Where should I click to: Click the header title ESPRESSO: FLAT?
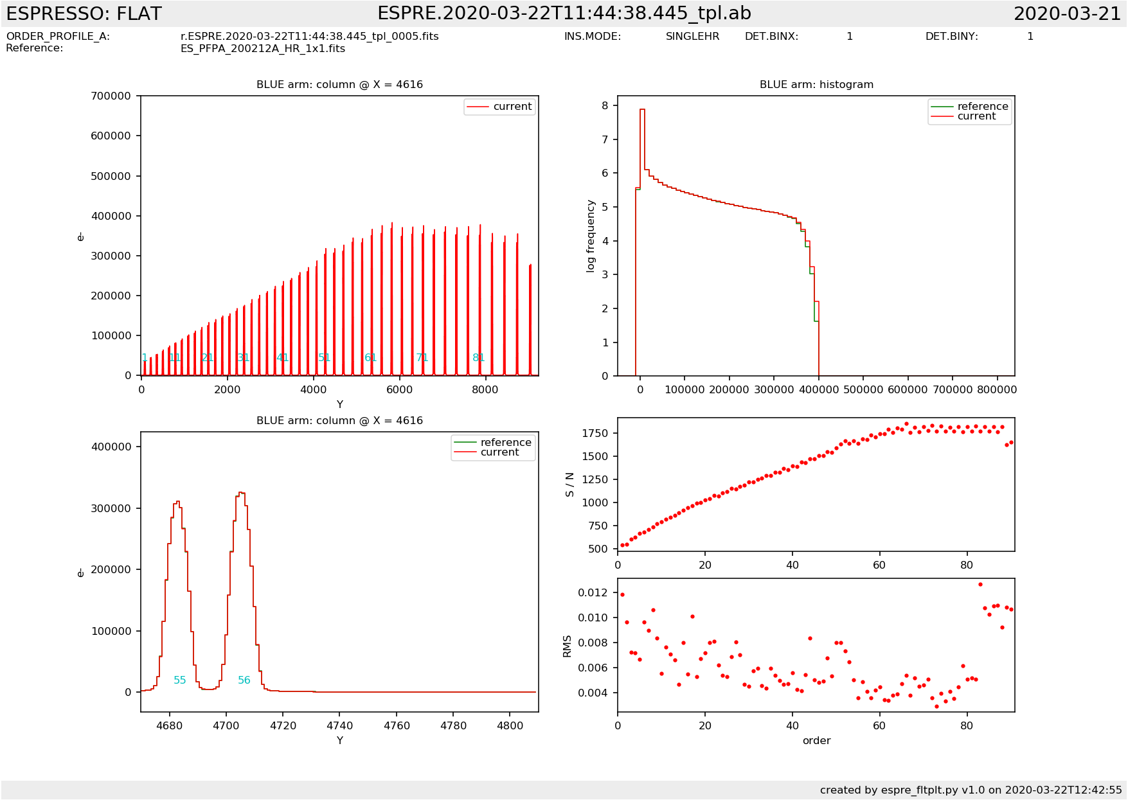pos(84,13)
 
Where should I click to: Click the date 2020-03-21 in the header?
pos(1067,13)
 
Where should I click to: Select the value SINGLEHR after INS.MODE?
pos(692,37)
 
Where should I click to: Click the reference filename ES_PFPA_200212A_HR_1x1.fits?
pos(262,49)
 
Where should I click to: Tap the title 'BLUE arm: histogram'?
pos(816,85)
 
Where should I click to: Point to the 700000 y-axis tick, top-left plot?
pos(111,96)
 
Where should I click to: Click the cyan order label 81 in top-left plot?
pos(478,358)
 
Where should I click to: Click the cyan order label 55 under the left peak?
pos(180,680)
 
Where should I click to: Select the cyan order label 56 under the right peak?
pos(244,680)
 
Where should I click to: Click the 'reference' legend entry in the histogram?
pos(982,107)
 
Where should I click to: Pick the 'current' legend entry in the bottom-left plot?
pos(499,452)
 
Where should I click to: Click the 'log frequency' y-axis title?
pos(591,236)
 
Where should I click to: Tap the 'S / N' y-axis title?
pos(569,484)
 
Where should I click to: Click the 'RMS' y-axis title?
pos(567,646)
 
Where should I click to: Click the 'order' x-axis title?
pos(816,741)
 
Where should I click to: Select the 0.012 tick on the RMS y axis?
pos(593,592)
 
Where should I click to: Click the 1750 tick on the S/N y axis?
pos(595,434)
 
